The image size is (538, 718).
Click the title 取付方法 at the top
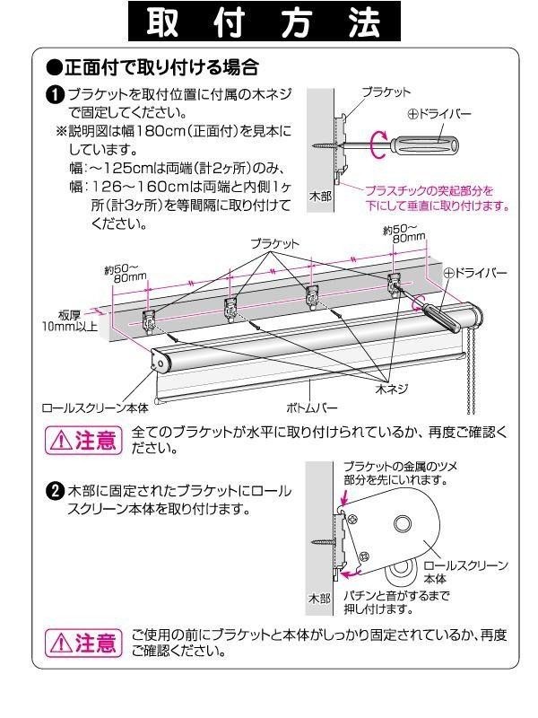pyautogui.click(x=267, y=24)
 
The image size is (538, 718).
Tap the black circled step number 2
pyautogui.click(x=56, y=491)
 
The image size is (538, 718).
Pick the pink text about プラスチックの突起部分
pyautogui.click(x=436, y=197)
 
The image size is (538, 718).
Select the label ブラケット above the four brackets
pyautogui.click(x=274, y=243)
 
